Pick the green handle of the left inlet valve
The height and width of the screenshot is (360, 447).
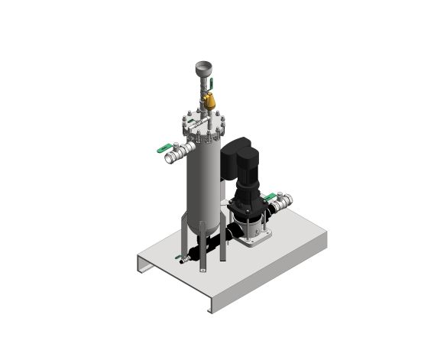[x=164, y=148]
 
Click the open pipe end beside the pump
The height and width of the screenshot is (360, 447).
[x=287, y=201]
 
